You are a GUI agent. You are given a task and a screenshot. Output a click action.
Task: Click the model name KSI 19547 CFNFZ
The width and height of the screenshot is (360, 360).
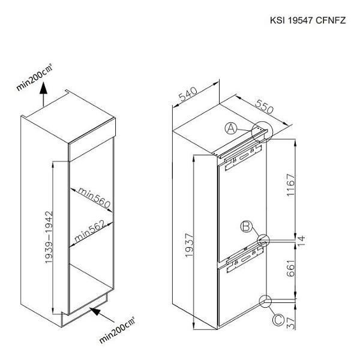(308, 20)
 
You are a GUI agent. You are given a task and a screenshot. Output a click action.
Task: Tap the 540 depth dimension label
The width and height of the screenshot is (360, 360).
(188, 94)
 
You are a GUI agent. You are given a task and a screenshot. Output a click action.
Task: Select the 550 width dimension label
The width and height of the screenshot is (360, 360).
(264, 107)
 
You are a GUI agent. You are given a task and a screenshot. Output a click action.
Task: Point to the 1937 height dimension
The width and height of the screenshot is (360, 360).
(190, 245)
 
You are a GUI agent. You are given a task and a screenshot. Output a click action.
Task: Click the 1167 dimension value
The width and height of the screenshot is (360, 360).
(290, 185)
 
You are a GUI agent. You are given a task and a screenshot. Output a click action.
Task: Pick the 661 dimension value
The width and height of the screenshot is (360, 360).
(290, 268)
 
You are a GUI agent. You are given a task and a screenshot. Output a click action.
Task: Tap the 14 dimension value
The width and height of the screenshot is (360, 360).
(301, 241)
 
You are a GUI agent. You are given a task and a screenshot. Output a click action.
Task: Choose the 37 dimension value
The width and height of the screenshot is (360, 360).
(290, 323)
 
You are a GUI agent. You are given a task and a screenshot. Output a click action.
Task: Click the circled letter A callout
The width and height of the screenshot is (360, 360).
(231, 128)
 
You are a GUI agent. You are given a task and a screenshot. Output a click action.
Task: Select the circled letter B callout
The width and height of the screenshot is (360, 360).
(246, 227)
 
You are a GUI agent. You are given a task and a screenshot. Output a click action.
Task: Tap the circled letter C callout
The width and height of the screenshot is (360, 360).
(278, 320)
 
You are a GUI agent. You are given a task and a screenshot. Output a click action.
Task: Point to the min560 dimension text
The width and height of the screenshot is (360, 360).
(94, 197)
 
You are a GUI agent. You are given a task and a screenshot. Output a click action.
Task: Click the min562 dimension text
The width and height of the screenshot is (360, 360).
(90, 231)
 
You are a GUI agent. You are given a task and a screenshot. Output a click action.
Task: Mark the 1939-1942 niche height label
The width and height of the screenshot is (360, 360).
(49, 237)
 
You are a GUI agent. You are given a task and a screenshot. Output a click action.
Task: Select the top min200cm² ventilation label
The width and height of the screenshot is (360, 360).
(34, 77)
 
